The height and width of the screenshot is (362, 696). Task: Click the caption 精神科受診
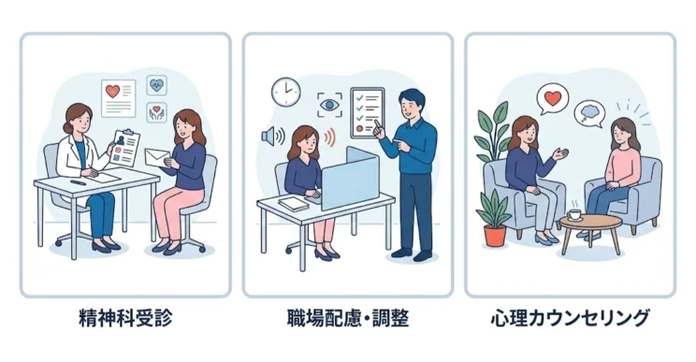pyautogui.click(x=125, y=318)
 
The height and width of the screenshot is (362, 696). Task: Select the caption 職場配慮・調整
pyautogui.click(x=347, y=318)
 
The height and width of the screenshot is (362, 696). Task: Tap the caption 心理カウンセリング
pyautogui.click(x=570, y=318)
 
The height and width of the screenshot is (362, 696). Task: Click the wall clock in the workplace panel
pyautogui.click(x=284, y=92)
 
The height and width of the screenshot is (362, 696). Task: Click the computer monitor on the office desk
pyautogui.click(x=349, y=179)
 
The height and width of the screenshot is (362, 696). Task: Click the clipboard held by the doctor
pyautogui.click(x=124, y=147)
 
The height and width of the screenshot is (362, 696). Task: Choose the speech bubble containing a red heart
pyautogui.click(x=553, y=96)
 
